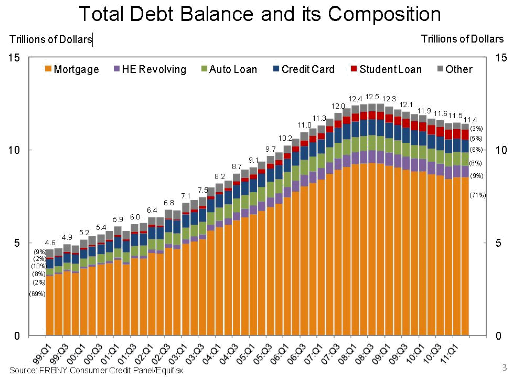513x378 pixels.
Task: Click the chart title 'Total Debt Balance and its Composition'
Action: click(259, 14)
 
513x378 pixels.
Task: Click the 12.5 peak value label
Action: click(372, 97)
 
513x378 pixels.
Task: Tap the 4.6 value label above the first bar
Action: click(50, 243)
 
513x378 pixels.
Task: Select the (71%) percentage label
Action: click(478, 195)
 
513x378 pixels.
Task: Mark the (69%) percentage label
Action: click(37, 294)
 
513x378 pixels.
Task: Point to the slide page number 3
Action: click(505, 366)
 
